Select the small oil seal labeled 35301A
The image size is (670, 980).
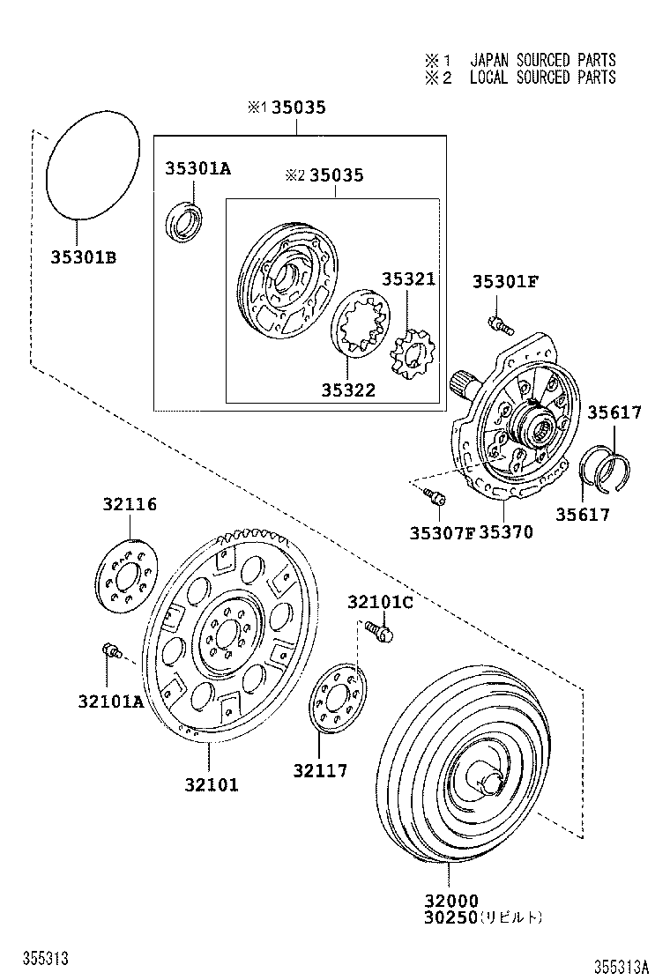[x=184, y=221]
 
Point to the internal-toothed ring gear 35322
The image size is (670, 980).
[x=359, y=323]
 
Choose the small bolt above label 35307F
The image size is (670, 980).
[x=435, y=497]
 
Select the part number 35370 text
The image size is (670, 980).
[x=505, y=532]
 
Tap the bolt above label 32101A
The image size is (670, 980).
[x=111, y=651]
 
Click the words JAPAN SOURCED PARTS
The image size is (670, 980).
[x=541, y=60]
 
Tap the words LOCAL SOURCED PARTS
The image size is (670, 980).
[x=541, y=77]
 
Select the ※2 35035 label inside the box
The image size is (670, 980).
[x=323, y=175]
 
